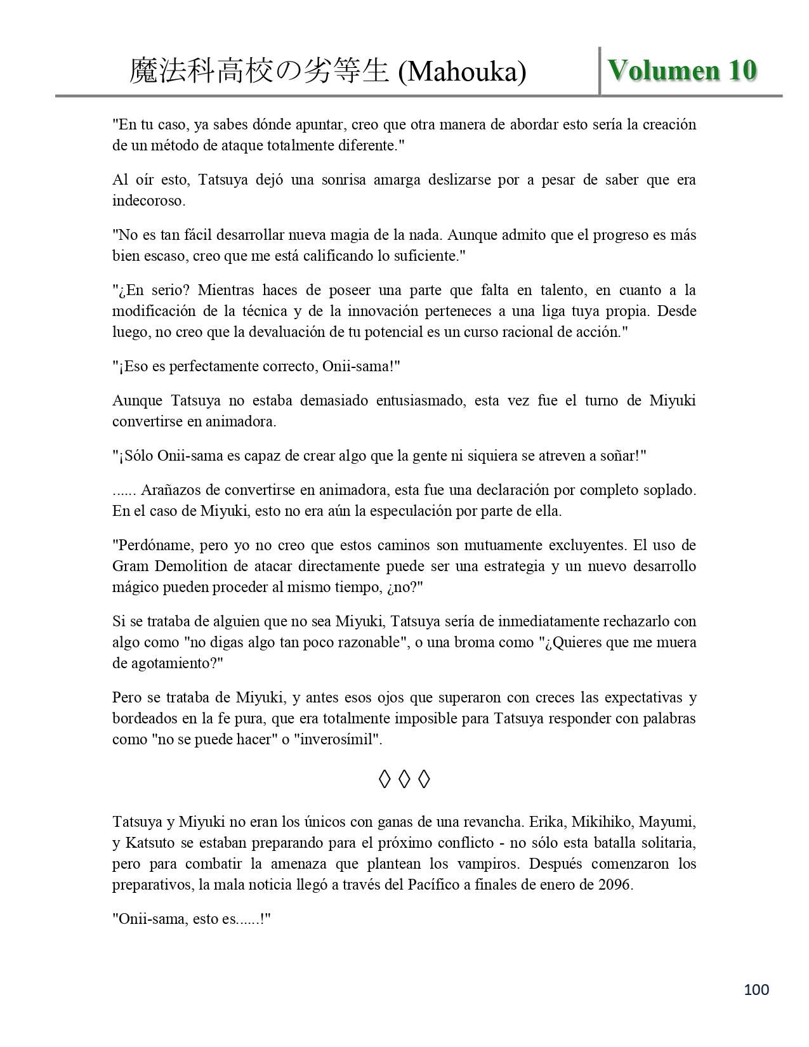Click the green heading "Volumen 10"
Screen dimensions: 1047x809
(682, 70)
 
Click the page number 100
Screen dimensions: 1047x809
(756, 989)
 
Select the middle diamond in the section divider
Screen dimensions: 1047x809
(404, 779)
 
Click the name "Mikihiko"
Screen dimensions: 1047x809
(601, 822)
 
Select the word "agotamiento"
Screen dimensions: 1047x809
(171, 663)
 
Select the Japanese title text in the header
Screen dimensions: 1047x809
(259, 72)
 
